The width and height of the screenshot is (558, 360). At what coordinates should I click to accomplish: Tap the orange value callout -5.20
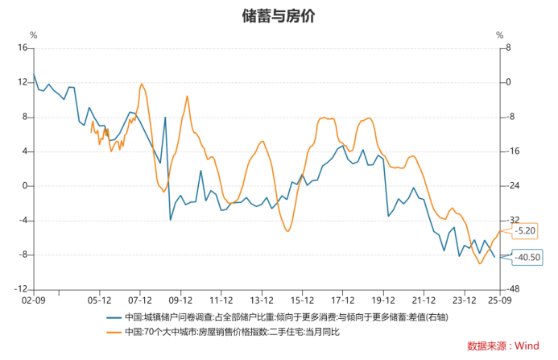pos(524,231)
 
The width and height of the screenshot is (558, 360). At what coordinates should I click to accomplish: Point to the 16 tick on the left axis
pos(23,48)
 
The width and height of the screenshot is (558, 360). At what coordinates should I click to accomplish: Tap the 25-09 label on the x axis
pos(501,299)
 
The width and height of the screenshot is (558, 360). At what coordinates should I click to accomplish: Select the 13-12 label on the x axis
pos(262,299)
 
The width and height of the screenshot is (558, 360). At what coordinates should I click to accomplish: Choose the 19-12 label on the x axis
pos(383,299)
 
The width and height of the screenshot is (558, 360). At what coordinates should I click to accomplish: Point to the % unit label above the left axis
pos(33,35)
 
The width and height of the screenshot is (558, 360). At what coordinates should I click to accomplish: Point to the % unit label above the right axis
pos(499,35)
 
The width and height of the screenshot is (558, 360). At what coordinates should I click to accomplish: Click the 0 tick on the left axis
pos(25,186)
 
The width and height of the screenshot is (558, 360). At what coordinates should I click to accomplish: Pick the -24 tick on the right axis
pos(512,186)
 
